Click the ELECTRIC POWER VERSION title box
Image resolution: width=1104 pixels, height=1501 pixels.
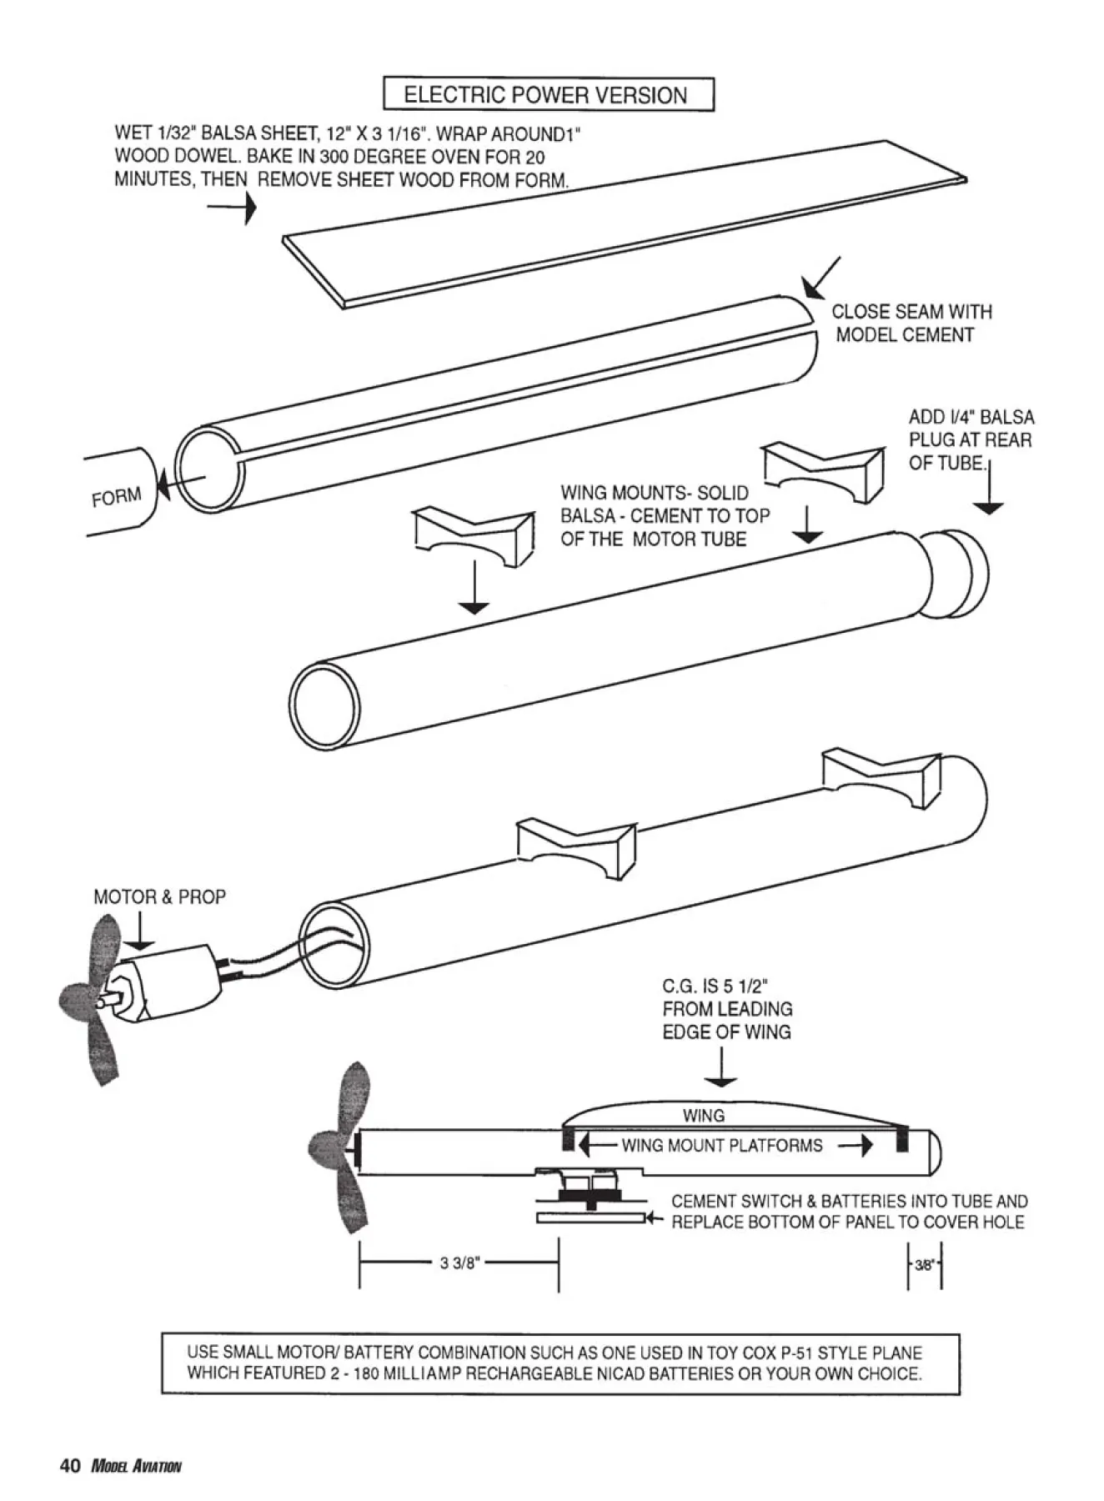coord(548,94)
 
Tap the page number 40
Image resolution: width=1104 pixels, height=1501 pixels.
coord(70,1466)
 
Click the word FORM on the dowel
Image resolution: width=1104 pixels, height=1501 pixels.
coord(116,497)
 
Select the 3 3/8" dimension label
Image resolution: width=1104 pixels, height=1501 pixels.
coord(459,1263)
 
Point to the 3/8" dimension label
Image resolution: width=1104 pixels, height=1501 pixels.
coord(925,1264)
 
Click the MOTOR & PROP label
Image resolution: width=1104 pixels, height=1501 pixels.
coord(159,897)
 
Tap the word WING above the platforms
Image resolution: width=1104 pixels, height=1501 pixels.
coord(704,1115)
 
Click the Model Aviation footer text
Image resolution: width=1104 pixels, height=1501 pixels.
coord(136,1467)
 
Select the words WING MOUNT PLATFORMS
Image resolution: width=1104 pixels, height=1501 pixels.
coord(722,1145)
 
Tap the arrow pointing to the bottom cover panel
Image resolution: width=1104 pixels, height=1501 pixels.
coord(655,1218)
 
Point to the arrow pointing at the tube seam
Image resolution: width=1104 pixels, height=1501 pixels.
coord(820,278)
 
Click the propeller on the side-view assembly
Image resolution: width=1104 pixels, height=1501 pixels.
coord(336,1152)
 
